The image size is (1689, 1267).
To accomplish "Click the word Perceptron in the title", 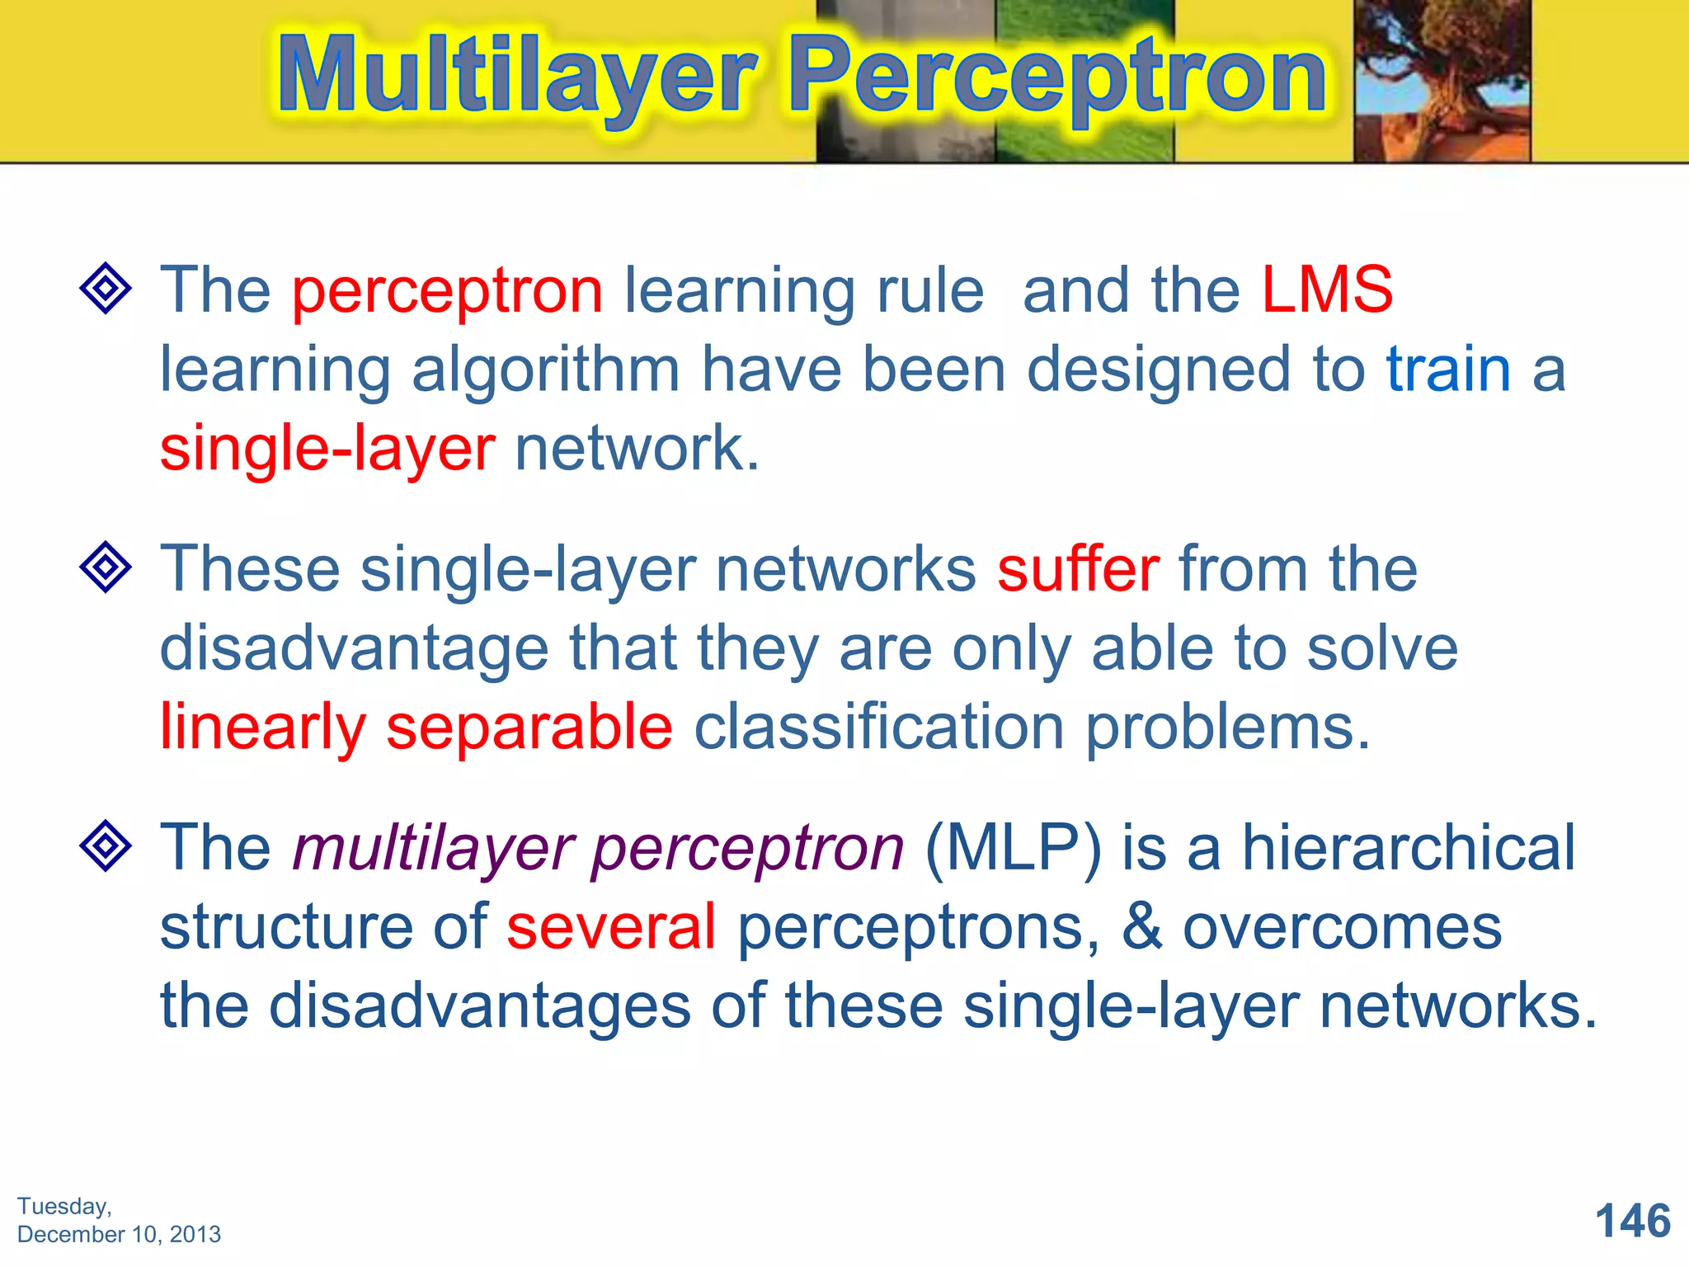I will pos(1058,76).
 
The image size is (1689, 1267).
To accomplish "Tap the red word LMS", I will pos(1327,290).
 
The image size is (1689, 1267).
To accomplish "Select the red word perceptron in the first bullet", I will pos(448,294).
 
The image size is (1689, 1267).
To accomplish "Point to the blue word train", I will pos(1448,370).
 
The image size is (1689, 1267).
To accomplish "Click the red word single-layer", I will pos(327,450).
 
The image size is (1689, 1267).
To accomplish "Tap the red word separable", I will pos(529,728).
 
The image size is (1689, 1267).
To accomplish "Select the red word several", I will pos(611,927).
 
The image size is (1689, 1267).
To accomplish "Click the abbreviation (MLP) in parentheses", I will pos(1013,848).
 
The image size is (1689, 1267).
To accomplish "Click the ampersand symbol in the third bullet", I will pos(1141,927).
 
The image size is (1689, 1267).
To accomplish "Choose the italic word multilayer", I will pos(434,850).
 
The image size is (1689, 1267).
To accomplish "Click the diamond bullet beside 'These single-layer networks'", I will pos(106,567).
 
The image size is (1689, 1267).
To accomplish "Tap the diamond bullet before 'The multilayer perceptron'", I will pos(106,845).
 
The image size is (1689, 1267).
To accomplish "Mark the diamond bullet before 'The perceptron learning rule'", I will pos(106,288).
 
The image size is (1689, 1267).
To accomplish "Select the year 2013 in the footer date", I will pos(195,1235).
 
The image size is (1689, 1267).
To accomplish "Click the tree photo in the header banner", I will pos(1442,81).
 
